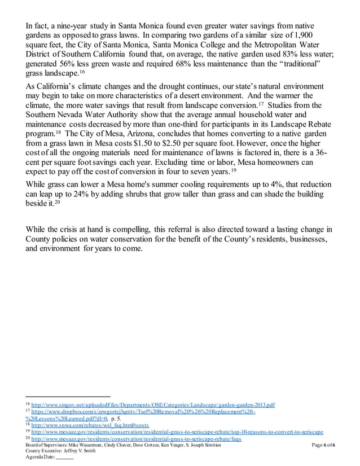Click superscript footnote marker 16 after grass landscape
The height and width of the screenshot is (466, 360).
click(x=82, y=72)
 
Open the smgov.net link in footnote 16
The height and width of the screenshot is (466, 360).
click(x=153, y=405)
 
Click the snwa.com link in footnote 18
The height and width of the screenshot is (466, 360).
click(x=90, y=425)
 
